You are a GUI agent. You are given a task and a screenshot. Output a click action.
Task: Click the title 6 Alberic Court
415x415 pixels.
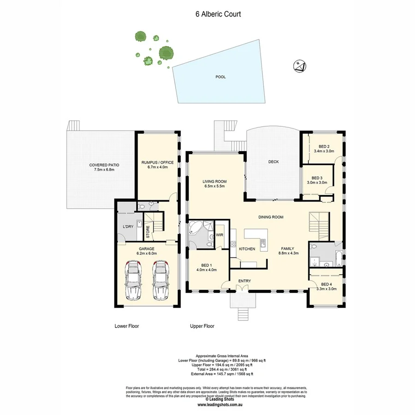(218, 14)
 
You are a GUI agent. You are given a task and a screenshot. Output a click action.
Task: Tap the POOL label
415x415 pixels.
(221, 77)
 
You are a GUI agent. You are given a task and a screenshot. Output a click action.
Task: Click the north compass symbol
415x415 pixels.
(299, 66)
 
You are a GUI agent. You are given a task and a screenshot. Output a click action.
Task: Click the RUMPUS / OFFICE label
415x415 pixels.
(158, 162)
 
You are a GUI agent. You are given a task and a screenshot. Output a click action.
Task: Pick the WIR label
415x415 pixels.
(219, 235)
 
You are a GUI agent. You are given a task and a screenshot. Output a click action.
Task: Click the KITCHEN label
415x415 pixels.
(247, 249)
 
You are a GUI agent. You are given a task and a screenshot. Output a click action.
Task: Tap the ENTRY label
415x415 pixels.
(244, 281)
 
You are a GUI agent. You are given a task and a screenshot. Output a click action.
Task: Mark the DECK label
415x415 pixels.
(274, 161)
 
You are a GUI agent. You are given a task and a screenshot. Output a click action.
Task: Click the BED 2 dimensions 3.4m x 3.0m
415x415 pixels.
(324, 151)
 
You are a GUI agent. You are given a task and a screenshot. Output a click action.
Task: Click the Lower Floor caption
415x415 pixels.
(127, 326)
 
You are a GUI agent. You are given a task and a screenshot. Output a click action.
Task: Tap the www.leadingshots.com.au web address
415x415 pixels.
(221, 405)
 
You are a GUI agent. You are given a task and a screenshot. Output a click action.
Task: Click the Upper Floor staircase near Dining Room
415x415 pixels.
(318, 222)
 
